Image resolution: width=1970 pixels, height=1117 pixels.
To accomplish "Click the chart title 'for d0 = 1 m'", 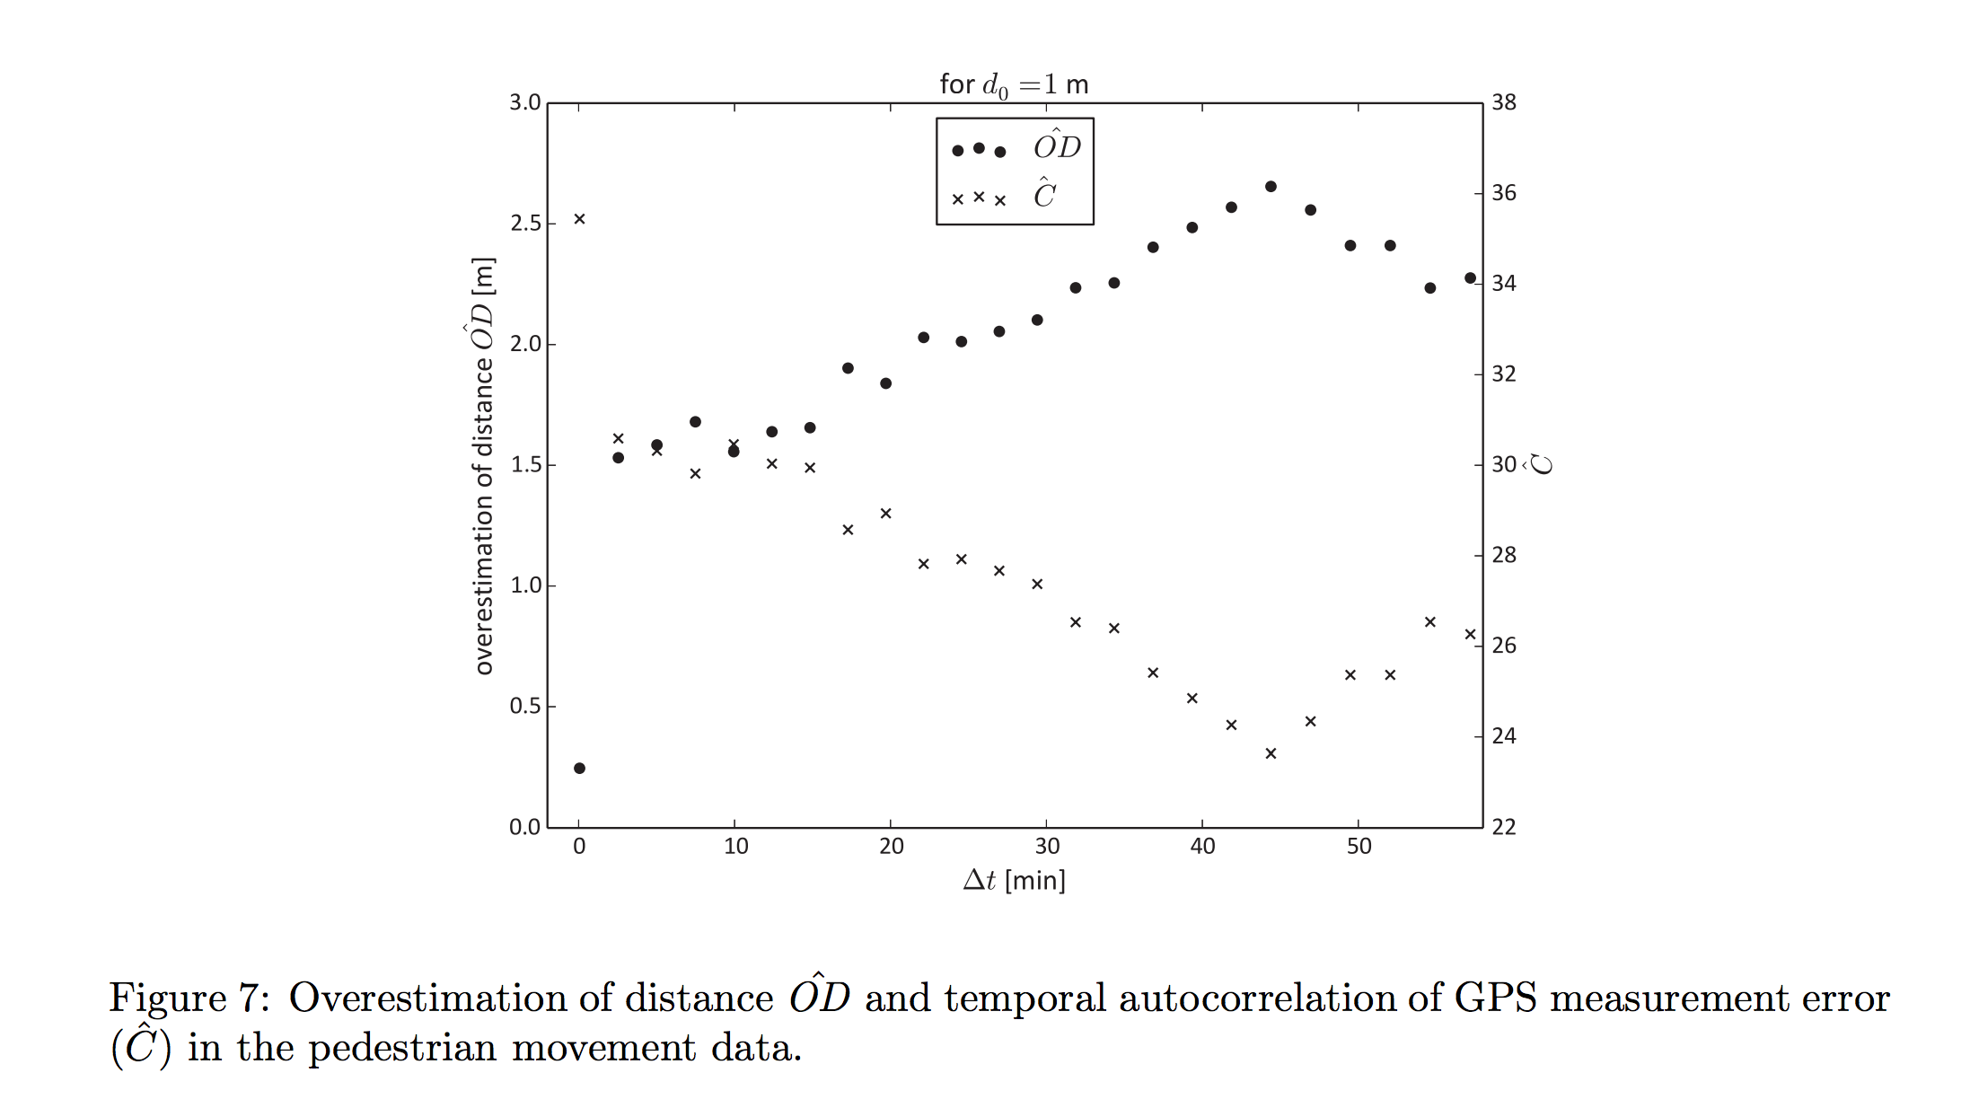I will [x=1014, y=85].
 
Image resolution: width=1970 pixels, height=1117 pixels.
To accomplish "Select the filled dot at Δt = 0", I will [x=579, y=769].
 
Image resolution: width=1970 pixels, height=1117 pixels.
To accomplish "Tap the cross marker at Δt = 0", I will [x=579, y=219].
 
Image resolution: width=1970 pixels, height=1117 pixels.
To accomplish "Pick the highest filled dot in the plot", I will [x=1271, y=187].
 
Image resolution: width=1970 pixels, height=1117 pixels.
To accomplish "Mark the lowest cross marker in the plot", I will [x=1271, y=753].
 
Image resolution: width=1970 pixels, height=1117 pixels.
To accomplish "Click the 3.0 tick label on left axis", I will [x=525, y=102].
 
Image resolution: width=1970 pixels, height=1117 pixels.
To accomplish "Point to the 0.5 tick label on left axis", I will [x=525, y=707].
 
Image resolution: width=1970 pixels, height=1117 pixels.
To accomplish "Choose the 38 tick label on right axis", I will [x=1504, y=102].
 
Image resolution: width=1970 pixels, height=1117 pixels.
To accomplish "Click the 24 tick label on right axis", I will [x=1504, y=736].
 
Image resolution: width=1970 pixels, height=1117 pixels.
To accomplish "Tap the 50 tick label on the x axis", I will [x=1359, y=847].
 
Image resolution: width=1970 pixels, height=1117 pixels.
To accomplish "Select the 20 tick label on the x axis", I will [x=891, y=847].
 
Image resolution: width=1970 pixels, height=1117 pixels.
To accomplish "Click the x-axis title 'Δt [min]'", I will [x=1014, y=880].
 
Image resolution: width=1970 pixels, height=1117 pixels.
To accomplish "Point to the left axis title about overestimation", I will [x=484, y=465].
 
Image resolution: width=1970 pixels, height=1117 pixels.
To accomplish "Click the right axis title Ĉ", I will [x=1541, y=464].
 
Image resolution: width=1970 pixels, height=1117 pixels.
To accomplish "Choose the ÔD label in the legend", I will [x=1057, y=146].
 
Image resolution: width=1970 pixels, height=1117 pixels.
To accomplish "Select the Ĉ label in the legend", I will [x=1044, y=194].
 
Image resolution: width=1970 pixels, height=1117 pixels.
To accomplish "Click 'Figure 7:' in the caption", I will [x=189, y=998].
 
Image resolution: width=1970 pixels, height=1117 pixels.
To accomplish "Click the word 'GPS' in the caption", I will [x=1495, y=998].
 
